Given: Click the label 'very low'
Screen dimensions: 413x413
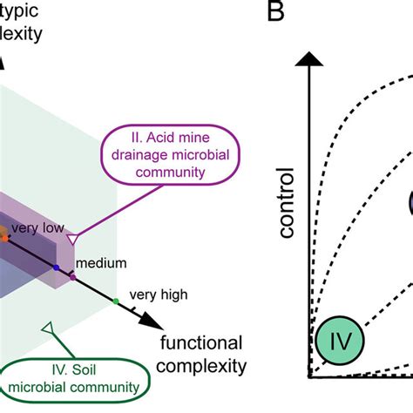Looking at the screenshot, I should (x=35, y=229).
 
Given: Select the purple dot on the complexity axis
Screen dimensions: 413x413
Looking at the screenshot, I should (x=72, y=278).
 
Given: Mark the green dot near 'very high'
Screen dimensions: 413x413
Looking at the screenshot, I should (x=116, y=302).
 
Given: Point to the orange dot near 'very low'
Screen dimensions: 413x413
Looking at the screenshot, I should (x=3, y=234).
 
